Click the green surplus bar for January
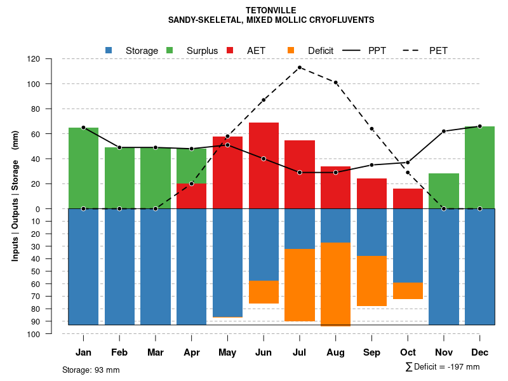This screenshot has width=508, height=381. [x=83, y=168]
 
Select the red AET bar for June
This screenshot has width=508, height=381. [x=264, y=165]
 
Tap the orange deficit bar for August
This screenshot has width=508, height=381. [x=335, y=284]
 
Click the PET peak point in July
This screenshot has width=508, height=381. [x=300, y=67]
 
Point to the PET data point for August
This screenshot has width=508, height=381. [x=336, y=83]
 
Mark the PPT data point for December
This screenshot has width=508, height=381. [x=480, y=126]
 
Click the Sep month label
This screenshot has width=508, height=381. [x=371, y=352]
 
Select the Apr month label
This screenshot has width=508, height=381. [x=191, y=352]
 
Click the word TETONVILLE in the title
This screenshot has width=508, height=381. [x=271, y=11]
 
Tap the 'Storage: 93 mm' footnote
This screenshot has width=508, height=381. [x=91, y=370]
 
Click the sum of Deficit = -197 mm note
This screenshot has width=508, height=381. [x=443, y=367]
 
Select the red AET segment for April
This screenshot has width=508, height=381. [x=191, y=196]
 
